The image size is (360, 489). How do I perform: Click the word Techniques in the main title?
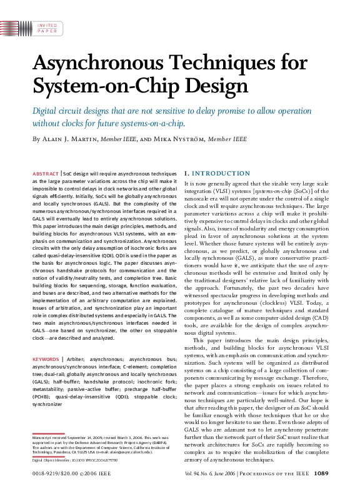click(226, 64)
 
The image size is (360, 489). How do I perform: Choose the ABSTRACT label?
click(44, 172)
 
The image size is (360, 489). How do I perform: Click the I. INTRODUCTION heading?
click(217, 173)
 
